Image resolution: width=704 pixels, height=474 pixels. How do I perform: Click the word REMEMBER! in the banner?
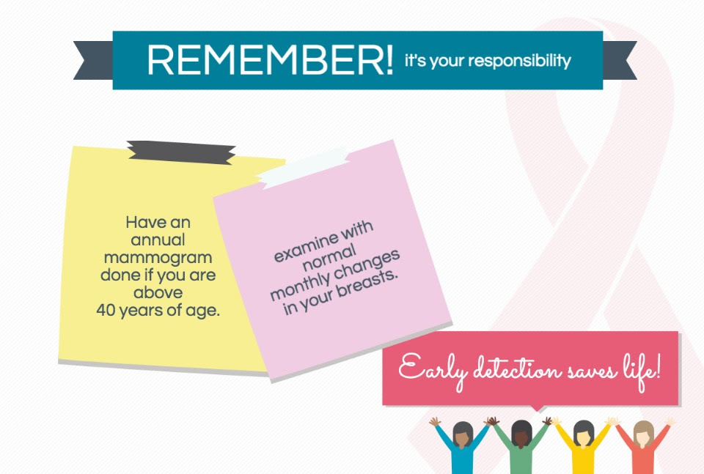[x=270, y=59]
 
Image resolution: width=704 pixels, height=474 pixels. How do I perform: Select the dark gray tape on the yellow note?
[x=181, y=152]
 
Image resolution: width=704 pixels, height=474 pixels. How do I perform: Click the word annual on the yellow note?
[x=158, y=240]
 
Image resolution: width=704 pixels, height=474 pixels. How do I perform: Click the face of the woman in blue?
[x=463, y=437]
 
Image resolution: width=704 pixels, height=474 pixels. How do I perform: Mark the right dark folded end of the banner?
[x=619, y=60]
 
